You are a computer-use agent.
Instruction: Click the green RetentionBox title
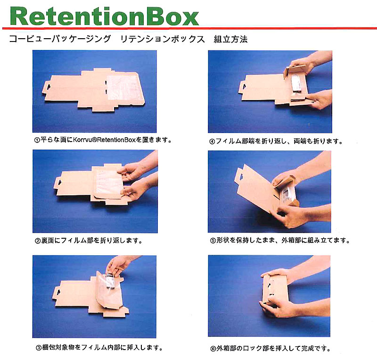pos(104,17)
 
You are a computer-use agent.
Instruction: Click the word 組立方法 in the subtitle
pos(230,39)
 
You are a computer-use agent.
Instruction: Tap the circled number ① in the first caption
pos(37,140)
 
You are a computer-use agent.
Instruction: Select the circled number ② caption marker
pos(38,241)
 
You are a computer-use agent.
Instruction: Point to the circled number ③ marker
pos(39,347)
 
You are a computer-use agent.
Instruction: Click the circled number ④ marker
pos(212,142)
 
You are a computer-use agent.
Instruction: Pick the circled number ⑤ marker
pos(213,241)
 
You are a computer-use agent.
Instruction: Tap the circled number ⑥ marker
pos(213,349)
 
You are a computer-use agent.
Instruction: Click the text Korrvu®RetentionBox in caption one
pos(104,140)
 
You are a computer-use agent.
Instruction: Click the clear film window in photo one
pos(122,87)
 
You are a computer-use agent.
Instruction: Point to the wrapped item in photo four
pos(295,83)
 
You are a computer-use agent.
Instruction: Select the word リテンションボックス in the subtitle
pos(162,39)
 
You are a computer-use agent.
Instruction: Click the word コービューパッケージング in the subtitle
pos(60,39)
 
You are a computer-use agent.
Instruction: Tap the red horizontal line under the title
pos(189,28)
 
